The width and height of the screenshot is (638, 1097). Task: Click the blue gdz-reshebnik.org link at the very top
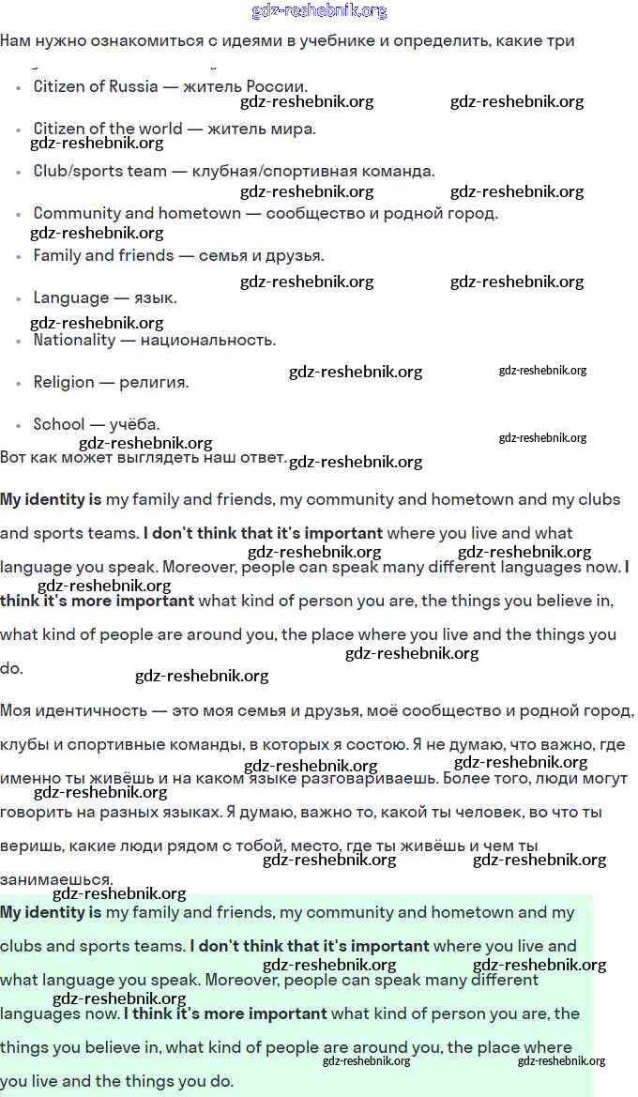(319, 11)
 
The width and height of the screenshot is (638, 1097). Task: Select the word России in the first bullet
(278, 86)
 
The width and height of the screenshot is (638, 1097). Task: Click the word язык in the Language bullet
(156, 297)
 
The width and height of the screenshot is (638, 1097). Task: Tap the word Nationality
(73, 340)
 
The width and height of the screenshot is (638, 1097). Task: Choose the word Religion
(64, 382)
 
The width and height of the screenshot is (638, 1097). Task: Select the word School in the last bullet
(58, 424)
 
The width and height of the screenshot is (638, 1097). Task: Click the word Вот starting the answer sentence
(13, 457)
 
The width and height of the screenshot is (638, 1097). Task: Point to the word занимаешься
(56, 879)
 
